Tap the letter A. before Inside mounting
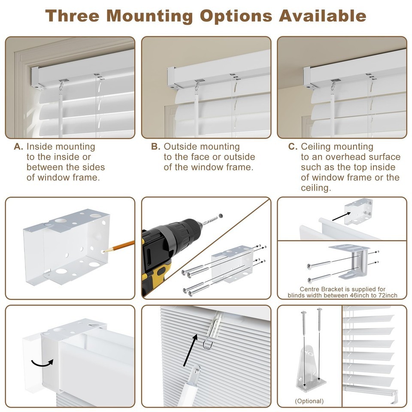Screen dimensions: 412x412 (x=18, y=147)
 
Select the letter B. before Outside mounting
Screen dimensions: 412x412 (x=155, y=147)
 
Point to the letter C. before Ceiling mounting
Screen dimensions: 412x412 (x=293, y=147)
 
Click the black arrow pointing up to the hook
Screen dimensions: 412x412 (x=190, y=350)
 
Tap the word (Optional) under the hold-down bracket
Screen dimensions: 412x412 (x=309, y=401)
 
